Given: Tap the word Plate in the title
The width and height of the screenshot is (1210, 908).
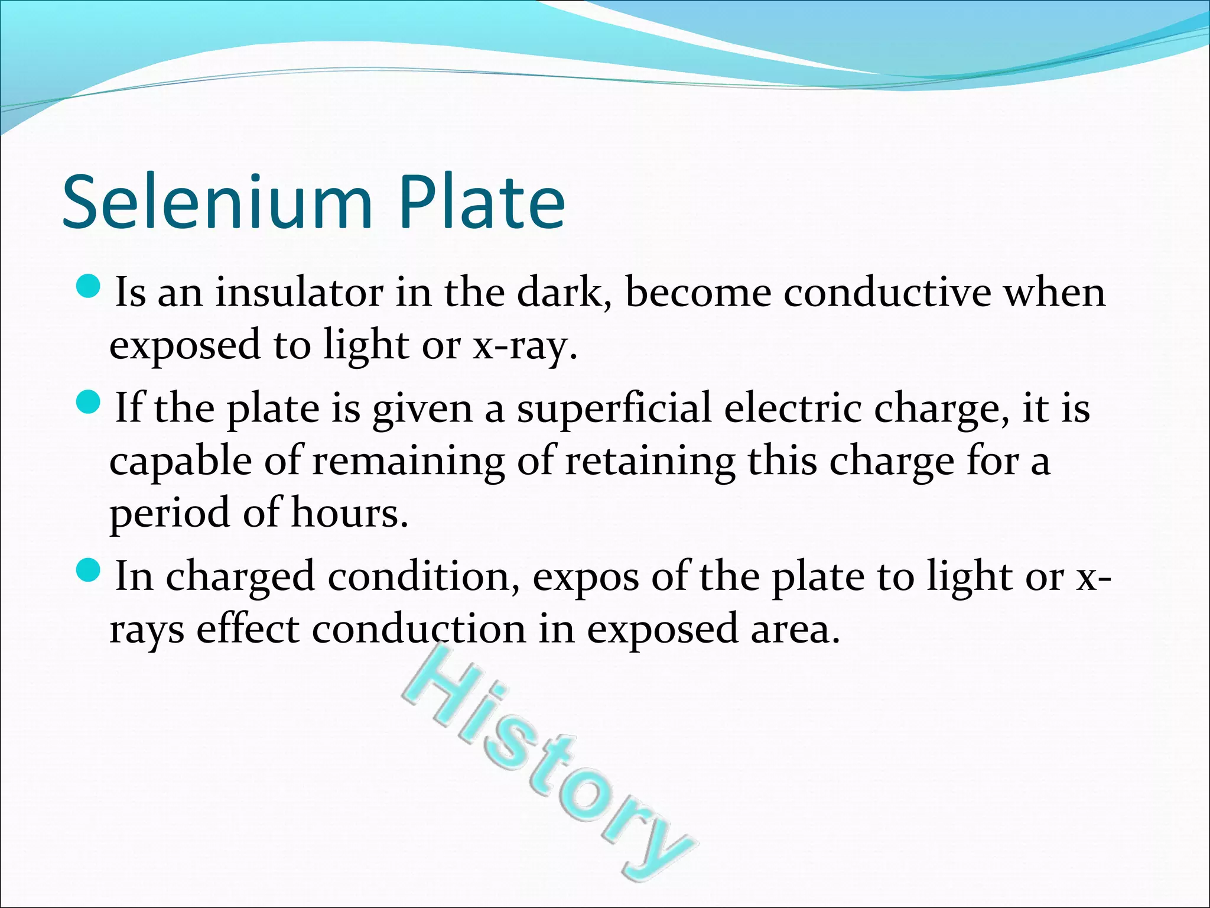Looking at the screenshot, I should coord(482,202).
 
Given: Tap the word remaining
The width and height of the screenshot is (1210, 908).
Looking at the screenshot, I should coord(408,461).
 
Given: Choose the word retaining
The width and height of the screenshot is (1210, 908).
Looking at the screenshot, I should coord(650,461).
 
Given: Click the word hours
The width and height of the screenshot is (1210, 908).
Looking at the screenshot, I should coord(349,513).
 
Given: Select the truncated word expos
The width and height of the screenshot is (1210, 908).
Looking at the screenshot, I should coord(586,576).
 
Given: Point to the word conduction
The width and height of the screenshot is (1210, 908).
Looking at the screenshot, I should coord(418,628).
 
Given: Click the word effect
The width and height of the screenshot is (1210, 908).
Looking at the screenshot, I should coord(248,628).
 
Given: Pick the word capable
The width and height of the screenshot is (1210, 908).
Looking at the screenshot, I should coord(180,462).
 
